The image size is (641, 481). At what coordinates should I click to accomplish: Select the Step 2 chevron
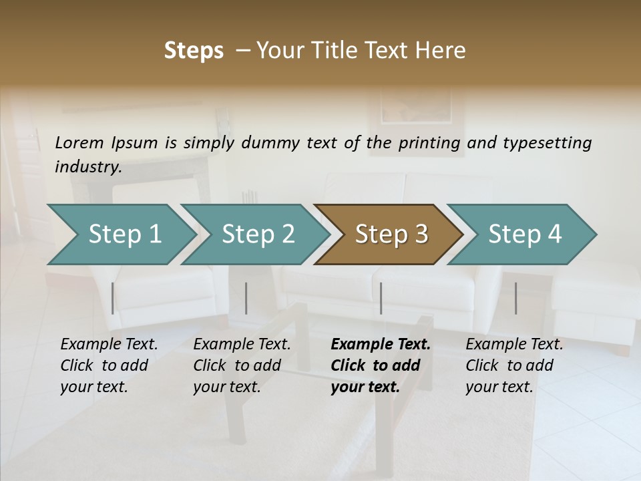258,234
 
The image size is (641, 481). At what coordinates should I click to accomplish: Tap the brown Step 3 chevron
391,234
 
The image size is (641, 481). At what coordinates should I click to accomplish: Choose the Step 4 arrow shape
525,234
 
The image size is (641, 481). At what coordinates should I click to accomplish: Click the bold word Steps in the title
194,51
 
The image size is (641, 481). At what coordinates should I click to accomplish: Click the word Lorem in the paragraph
79,142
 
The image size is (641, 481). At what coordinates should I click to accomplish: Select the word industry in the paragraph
88,166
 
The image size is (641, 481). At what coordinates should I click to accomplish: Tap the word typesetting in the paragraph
547,143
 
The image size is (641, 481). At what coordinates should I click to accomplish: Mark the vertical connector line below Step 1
113,298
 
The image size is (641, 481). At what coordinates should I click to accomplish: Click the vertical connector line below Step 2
246,298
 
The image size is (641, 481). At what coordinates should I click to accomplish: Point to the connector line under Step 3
381,298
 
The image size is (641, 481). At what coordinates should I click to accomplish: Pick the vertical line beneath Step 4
516,298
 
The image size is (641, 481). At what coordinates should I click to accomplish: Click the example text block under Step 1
109,365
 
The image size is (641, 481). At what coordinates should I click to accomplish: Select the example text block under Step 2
242,365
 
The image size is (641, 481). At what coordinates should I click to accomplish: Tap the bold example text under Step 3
381,365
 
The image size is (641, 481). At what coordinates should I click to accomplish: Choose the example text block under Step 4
514,365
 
